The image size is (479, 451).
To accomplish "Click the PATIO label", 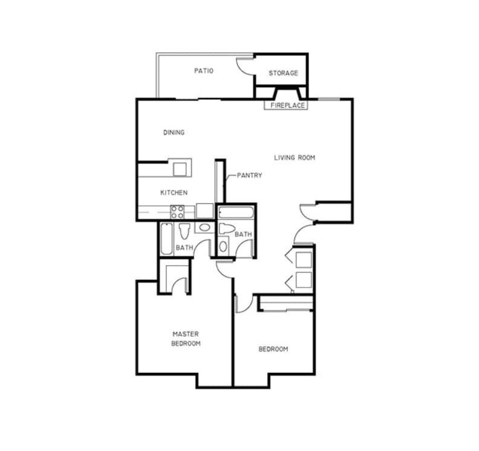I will pos(204,70).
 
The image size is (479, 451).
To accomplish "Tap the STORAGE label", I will pos(283,73).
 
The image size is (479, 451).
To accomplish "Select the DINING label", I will pos(174,133).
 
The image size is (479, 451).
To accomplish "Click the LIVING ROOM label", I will pos(295,158).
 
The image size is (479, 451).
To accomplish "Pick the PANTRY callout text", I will pos(249,176).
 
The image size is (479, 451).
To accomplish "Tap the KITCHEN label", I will pos(174,193).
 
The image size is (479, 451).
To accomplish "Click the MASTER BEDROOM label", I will pos(186,338).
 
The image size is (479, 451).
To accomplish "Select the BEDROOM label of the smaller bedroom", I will pos(273,349).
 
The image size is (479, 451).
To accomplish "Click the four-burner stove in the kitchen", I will pos(177,211).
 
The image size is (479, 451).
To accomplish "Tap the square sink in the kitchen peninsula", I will pos(180,168).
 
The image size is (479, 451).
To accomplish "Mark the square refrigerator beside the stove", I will pos(204,211).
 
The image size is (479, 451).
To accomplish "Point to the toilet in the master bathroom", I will pos(184,231).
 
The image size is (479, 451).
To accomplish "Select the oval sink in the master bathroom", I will pos(204,228).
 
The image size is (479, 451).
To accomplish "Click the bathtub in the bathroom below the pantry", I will pos(236,213).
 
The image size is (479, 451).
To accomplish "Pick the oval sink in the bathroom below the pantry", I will pos(223,246).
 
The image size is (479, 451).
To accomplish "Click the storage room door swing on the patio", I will pos(244,66).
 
